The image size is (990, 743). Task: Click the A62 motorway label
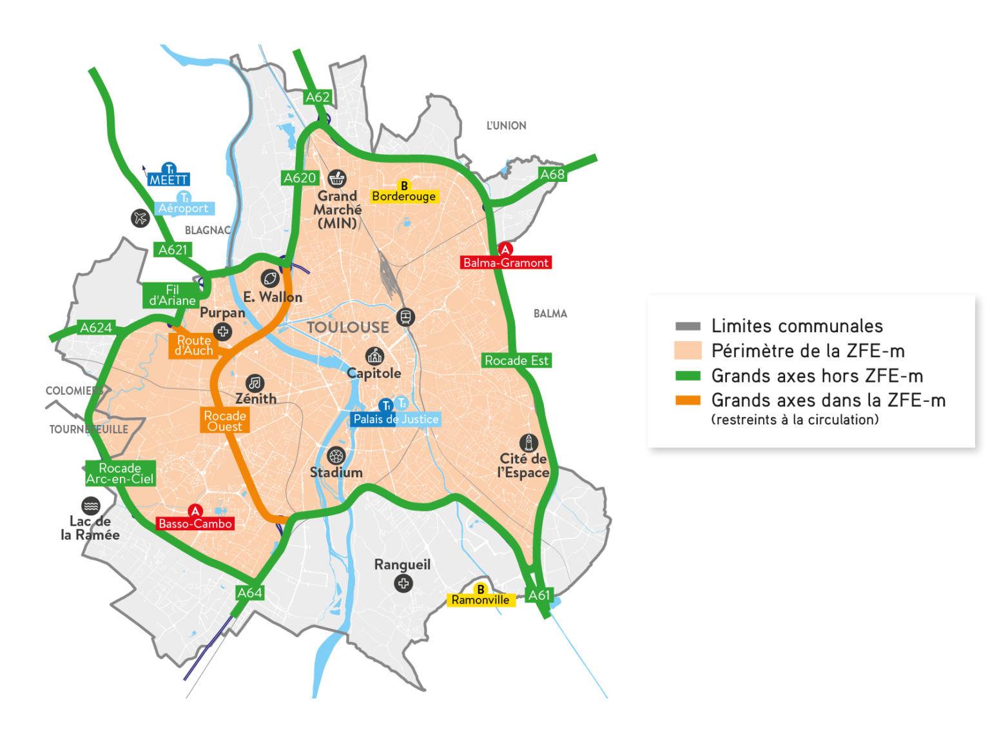point(317,97)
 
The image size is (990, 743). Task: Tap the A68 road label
point(552,174)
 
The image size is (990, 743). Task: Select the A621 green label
point(173,250)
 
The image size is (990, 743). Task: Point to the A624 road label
point(96,328)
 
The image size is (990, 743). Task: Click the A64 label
point(249,593)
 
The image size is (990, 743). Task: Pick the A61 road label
point(539,595)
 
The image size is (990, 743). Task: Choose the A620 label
point(300,178)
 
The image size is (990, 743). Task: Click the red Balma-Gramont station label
point(506,263)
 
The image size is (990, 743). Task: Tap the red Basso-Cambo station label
point(195,524)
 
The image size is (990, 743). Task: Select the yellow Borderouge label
point(404,196)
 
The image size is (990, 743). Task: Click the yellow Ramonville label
point(480,600)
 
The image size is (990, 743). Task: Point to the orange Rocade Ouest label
point(224,421)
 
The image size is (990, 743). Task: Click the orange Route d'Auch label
point(194,345)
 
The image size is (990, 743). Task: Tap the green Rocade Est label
point(516,361)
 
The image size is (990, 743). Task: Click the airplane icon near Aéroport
point(141,218)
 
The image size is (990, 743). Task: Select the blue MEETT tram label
point(168,180)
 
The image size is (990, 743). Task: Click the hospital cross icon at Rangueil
point(403,584)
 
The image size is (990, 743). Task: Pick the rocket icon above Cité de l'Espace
point(529,443)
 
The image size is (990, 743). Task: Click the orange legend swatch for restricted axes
point(688,401)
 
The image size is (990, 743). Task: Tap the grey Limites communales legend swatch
point(688,326)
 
